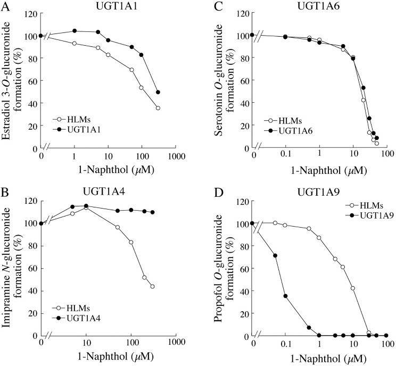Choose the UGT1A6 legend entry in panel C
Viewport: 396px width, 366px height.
(292, 130)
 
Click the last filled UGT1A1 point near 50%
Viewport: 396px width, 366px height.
(158, 92)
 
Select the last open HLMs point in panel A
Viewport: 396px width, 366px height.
(158, 108)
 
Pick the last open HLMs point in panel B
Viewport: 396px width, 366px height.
(152, 286)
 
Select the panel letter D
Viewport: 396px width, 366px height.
(218, 192)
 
